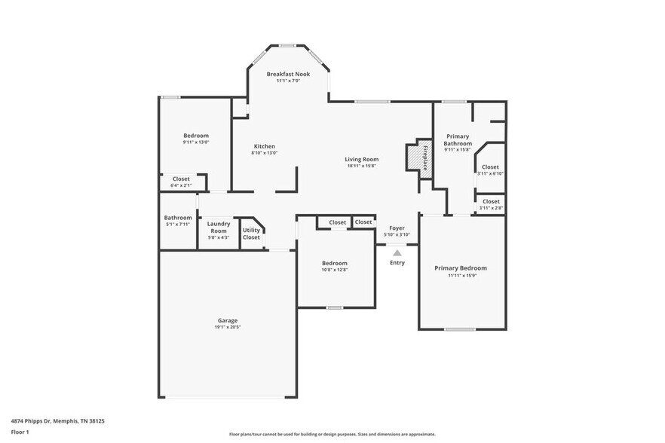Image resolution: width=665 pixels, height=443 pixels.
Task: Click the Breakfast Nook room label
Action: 288,74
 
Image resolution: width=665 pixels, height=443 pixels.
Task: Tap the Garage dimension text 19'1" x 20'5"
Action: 228,327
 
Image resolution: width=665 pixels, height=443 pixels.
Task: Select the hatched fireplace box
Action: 414,157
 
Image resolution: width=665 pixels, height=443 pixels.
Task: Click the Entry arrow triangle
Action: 397,252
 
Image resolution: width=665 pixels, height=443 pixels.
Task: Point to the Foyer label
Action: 397,228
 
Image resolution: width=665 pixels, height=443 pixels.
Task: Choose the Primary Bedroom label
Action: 460,268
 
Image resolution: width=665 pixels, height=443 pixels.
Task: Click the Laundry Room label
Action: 219,227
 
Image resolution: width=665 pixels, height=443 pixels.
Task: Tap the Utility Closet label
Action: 251,234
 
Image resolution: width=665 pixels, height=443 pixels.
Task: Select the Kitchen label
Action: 264,146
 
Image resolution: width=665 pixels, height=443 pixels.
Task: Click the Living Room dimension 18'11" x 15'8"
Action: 362,167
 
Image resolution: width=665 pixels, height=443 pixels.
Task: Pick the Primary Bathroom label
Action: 458,139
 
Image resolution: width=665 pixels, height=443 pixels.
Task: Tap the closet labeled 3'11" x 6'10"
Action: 490,170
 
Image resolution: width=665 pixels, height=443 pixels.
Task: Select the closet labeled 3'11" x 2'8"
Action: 491,204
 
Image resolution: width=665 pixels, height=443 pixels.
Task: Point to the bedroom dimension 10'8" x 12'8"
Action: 335,270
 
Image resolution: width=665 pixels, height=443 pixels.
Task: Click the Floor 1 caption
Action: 20,432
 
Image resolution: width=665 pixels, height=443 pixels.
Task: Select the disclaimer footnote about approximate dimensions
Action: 332,435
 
